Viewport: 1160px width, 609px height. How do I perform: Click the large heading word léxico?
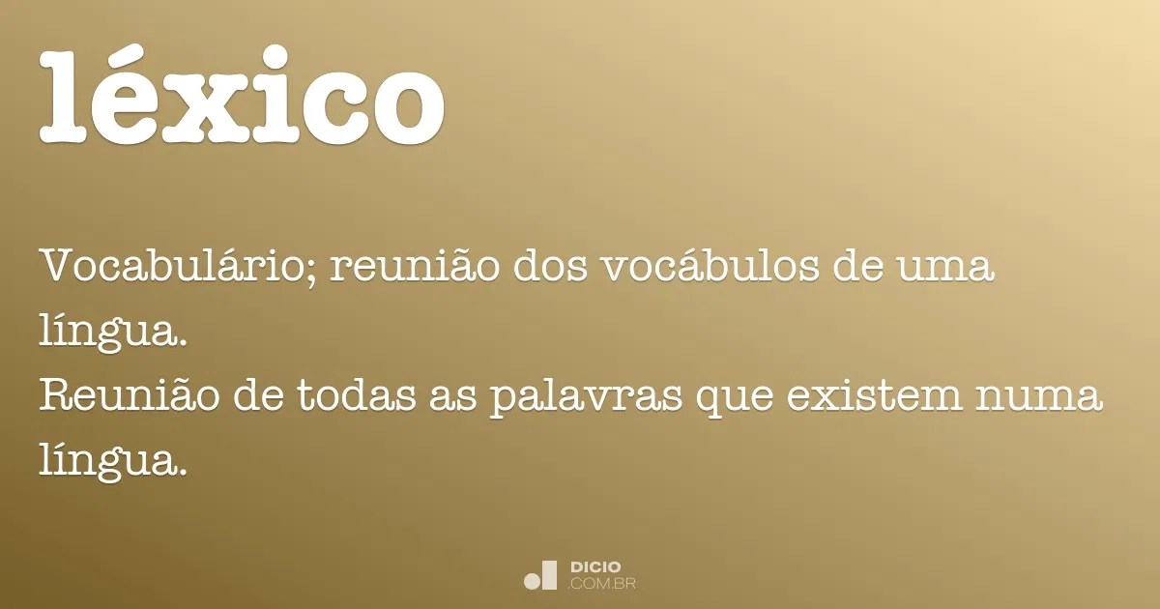(242, 97)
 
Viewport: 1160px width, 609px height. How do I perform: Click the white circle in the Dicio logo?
(532, 581)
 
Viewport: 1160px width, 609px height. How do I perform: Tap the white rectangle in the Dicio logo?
(550, 574)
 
